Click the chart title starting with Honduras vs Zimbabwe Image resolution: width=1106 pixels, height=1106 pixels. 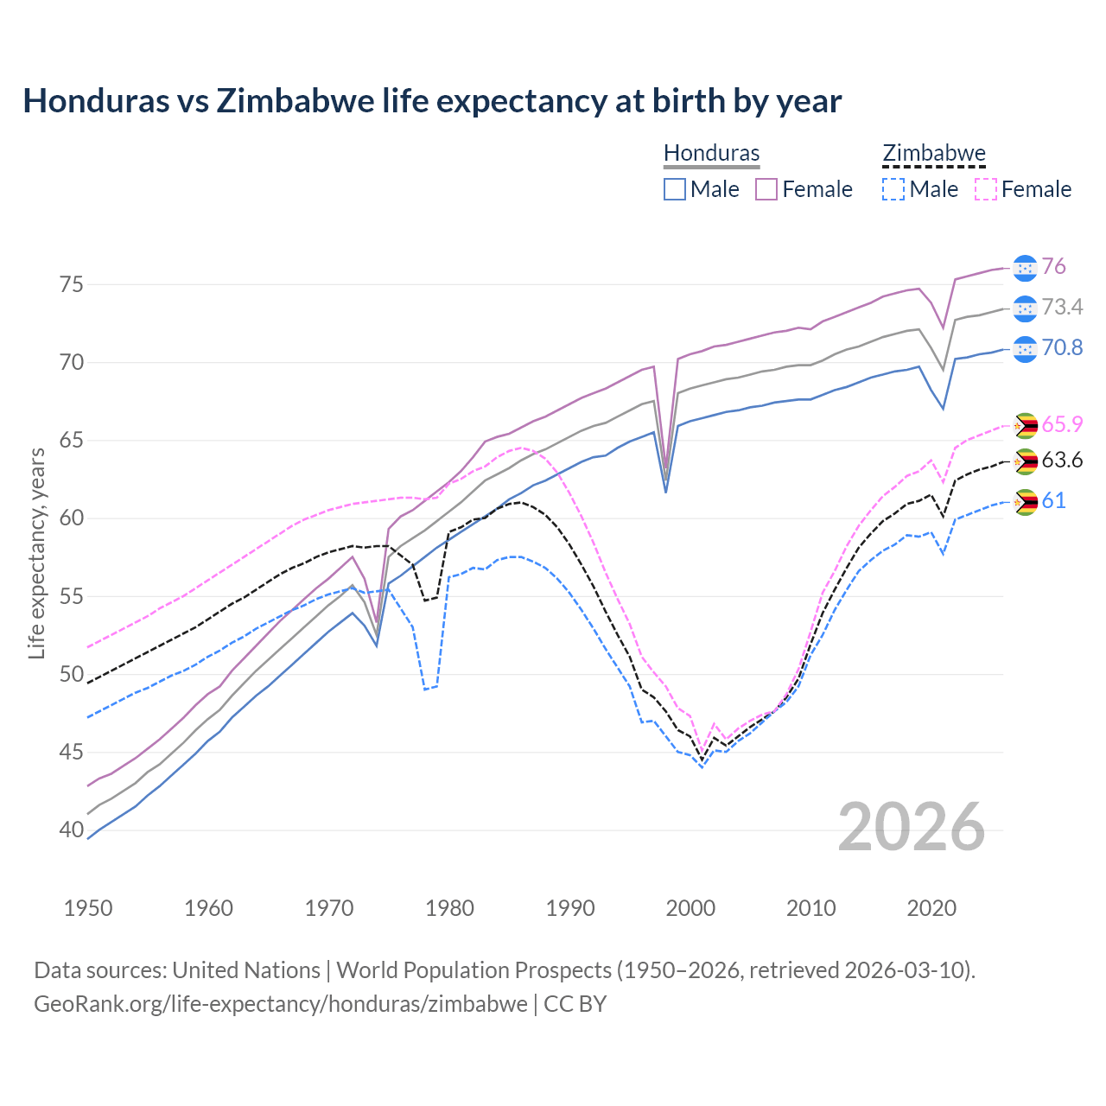click(432, 101)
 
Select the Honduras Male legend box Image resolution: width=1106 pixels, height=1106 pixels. click(675, 189)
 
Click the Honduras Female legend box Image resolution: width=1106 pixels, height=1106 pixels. click(766, 189)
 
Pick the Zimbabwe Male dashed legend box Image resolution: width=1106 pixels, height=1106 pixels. click(893, 189)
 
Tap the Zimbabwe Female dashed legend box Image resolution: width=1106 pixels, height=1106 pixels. click(985, 189)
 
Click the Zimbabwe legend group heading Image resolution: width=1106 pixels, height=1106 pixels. click(933, 154)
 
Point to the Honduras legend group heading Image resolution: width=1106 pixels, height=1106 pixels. click(711, 154)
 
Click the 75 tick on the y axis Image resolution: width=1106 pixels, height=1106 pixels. click(72, 284)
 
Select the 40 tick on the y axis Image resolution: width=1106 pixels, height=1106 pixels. click(72, 830)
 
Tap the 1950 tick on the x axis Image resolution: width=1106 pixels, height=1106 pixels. click(88, 908)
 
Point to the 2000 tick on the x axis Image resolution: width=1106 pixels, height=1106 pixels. click(690, 908)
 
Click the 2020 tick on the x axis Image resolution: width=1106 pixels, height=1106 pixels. click(931, 908)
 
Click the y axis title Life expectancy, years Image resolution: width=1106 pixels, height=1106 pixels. click(36, 553)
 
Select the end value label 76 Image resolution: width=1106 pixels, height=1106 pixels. click(1053, 267)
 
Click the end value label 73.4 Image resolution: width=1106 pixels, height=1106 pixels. click(1062, 308)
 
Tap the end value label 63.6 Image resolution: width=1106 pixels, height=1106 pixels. click(1062, 461)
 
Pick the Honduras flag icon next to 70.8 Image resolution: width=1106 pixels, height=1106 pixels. click(1025, 349)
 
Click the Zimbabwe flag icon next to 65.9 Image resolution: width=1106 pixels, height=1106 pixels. click(1025, 425)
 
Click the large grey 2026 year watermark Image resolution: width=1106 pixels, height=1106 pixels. click(912, 827)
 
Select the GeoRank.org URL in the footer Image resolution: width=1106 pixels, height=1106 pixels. click(281, 1004)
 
